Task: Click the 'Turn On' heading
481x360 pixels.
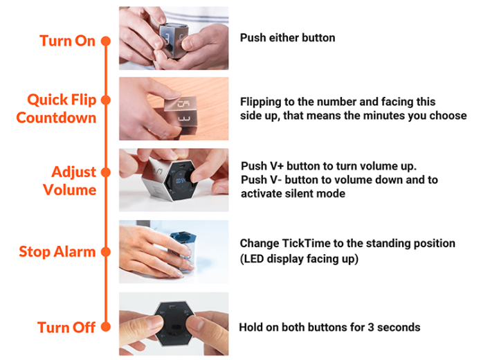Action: [x=68, y=41]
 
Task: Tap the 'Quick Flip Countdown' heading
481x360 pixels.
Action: [x=57, y=109]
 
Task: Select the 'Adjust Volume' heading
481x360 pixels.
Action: [x=70, y=181]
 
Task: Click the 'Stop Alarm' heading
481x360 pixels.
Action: [x=57, y=252]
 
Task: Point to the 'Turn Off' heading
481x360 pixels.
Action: [x=66, y=327]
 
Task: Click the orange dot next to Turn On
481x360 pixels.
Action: [x=106, y=41]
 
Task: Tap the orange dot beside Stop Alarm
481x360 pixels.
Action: [x=106, y=252]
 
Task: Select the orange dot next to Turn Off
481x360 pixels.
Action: [x=106, y=327]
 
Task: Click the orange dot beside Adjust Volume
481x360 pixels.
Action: [x=106, y=172]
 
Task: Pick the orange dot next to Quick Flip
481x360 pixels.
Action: [x=106, y=100]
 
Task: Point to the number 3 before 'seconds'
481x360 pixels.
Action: [x=370, y=327]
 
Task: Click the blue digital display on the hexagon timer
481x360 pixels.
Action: [x=181, y=181]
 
